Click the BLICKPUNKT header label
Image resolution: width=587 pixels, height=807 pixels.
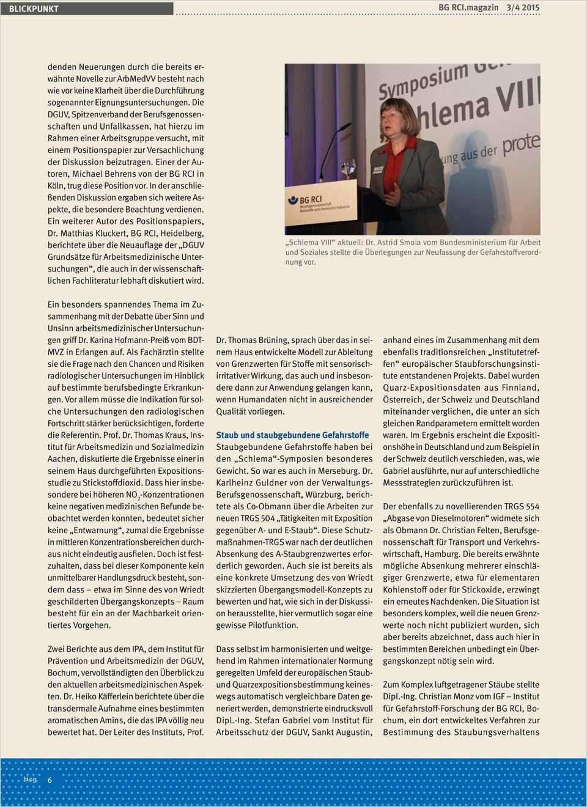pyautogui.click(x=34, y=9)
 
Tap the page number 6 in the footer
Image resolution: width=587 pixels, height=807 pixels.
pyautogui.click(x=50, y=779)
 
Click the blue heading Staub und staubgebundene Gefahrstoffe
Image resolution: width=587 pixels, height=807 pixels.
pyautogui.click(x=292, y=435)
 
